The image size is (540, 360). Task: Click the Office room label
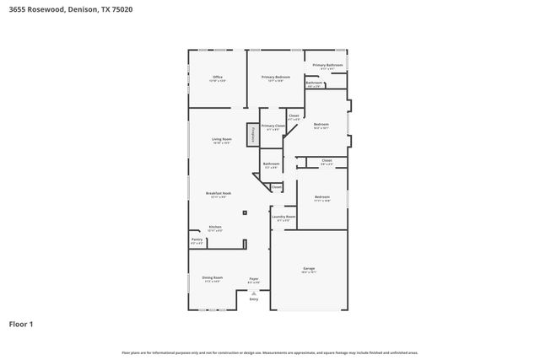click(217, 77)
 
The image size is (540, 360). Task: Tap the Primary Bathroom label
click(327, 65)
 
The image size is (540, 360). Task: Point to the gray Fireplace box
click(251, 134)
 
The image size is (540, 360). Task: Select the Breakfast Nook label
click(219, 193)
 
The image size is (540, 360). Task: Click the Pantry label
click(196, 239)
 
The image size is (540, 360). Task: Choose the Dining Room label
click(212, 277)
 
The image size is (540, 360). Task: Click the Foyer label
click(253, 278)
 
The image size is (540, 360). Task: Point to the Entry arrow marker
click(253, 293)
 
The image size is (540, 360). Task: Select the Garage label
click(308, 269)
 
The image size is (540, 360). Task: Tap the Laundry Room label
click(283, 217)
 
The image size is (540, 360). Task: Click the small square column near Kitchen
click(246, 212)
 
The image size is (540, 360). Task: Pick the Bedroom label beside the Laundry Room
click(321, 197)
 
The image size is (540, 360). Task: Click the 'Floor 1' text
click(21, 323)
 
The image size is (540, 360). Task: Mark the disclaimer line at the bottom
click(269, 352)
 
